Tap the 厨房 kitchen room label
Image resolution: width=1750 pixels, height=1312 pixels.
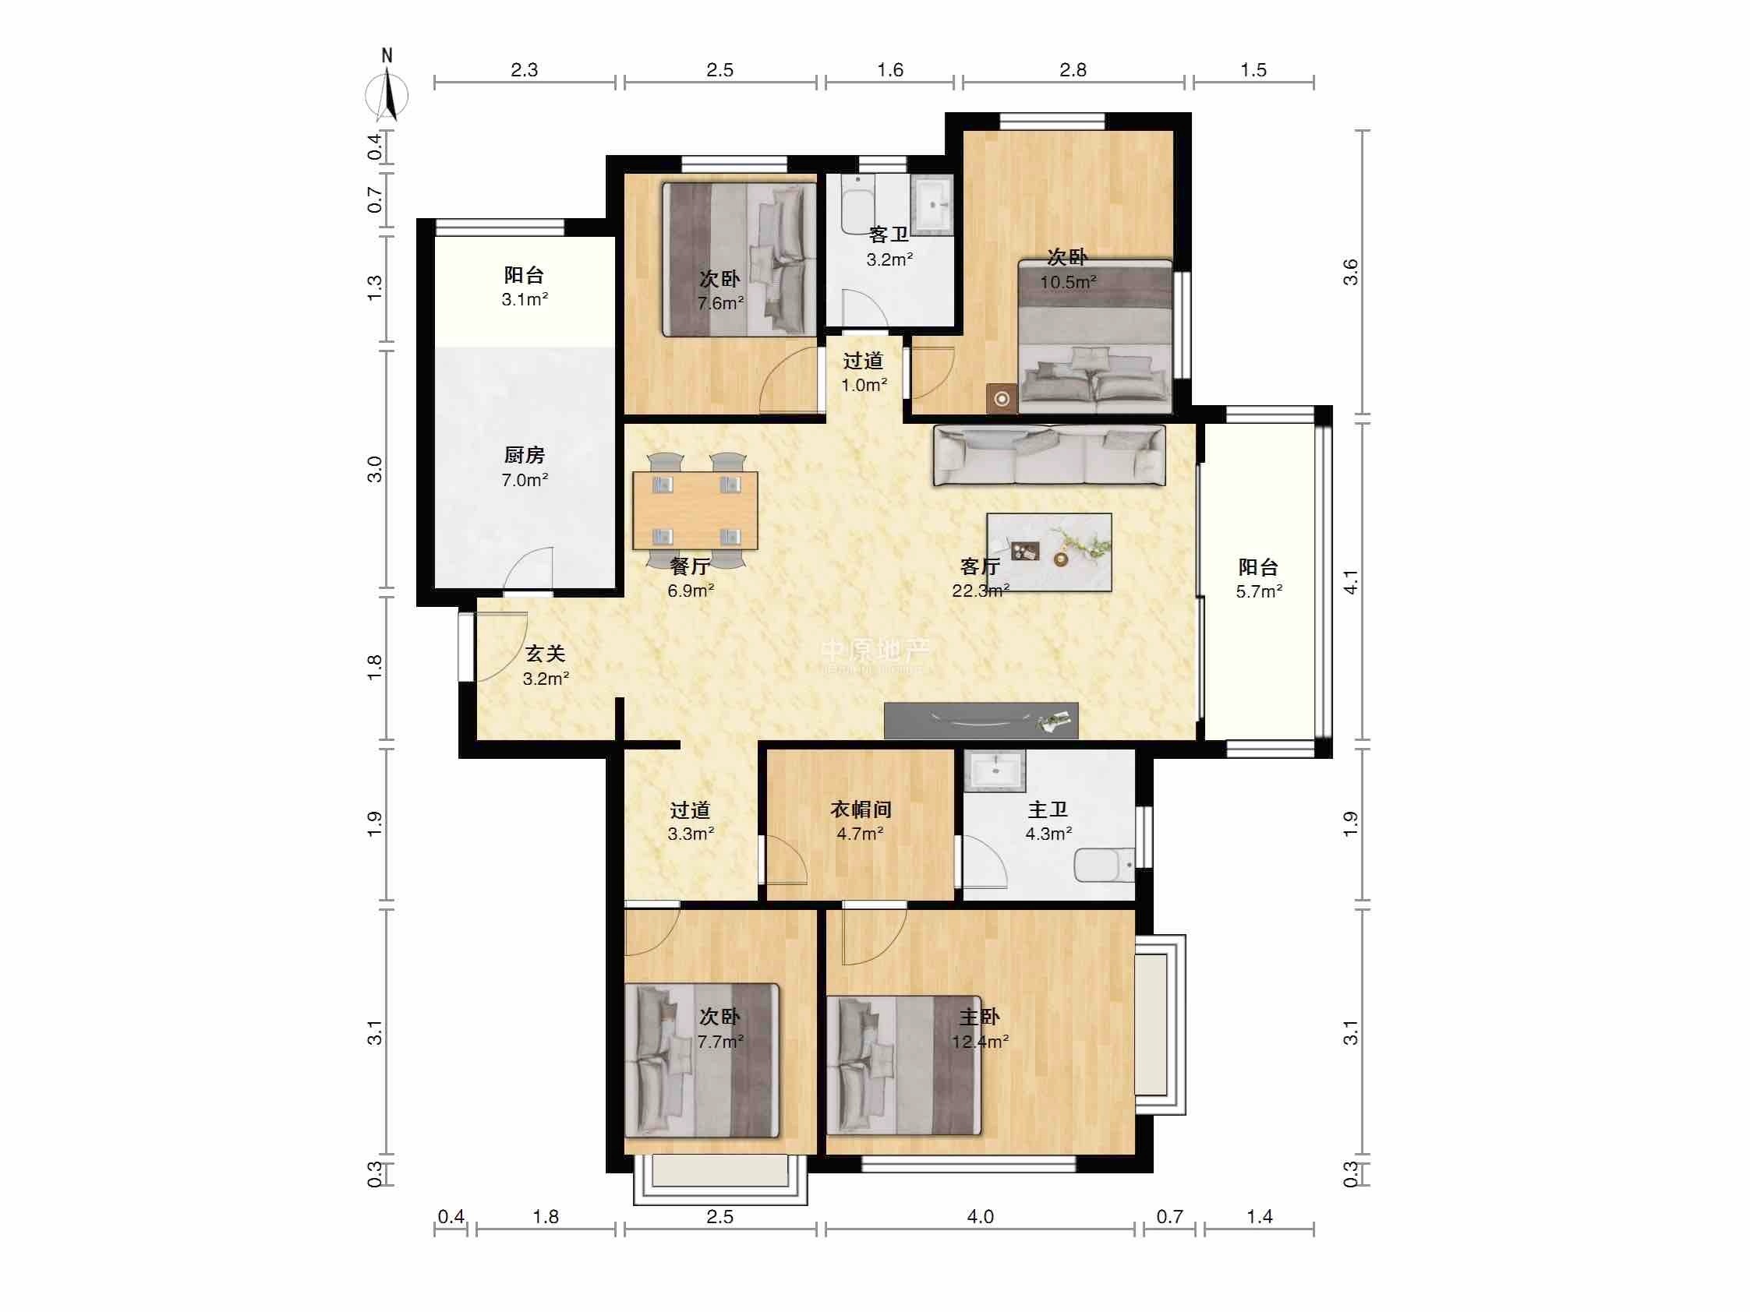525,455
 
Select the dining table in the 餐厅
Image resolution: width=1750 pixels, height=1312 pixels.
695,511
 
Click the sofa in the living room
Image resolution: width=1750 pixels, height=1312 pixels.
1049,455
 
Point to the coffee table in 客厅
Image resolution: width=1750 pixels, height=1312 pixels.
1049,552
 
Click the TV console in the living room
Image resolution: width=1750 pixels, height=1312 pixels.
981,721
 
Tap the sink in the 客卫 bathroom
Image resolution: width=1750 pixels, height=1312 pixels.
933,205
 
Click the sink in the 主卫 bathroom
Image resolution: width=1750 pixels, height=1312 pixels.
995,771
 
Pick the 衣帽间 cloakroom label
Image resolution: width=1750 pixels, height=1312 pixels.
861,809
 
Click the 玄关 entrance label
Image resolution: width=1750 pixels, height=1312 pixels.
546,653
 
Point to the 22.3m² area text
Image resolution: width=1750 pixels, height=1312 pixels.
980,591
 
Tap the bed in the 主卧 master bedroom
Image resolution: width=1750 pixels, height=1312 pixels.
904,1064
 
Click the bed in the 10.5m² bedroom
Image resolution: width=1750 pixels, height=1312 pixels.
1095,336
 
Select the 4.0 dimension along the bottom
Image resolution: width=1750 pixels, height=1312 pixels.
980,1216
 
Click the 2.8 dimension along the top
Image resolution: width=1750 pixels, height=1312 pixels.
1073,69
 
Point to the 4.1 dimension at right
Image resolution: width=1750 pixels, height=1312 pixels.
1351,583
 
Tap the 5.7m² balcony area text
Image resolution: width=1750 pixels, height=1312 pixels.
1259,591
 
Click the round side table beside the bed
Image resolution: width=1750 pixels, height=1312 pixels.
1002,399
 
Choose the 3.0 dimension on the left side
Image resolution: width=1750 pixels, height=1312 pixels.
374,469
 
